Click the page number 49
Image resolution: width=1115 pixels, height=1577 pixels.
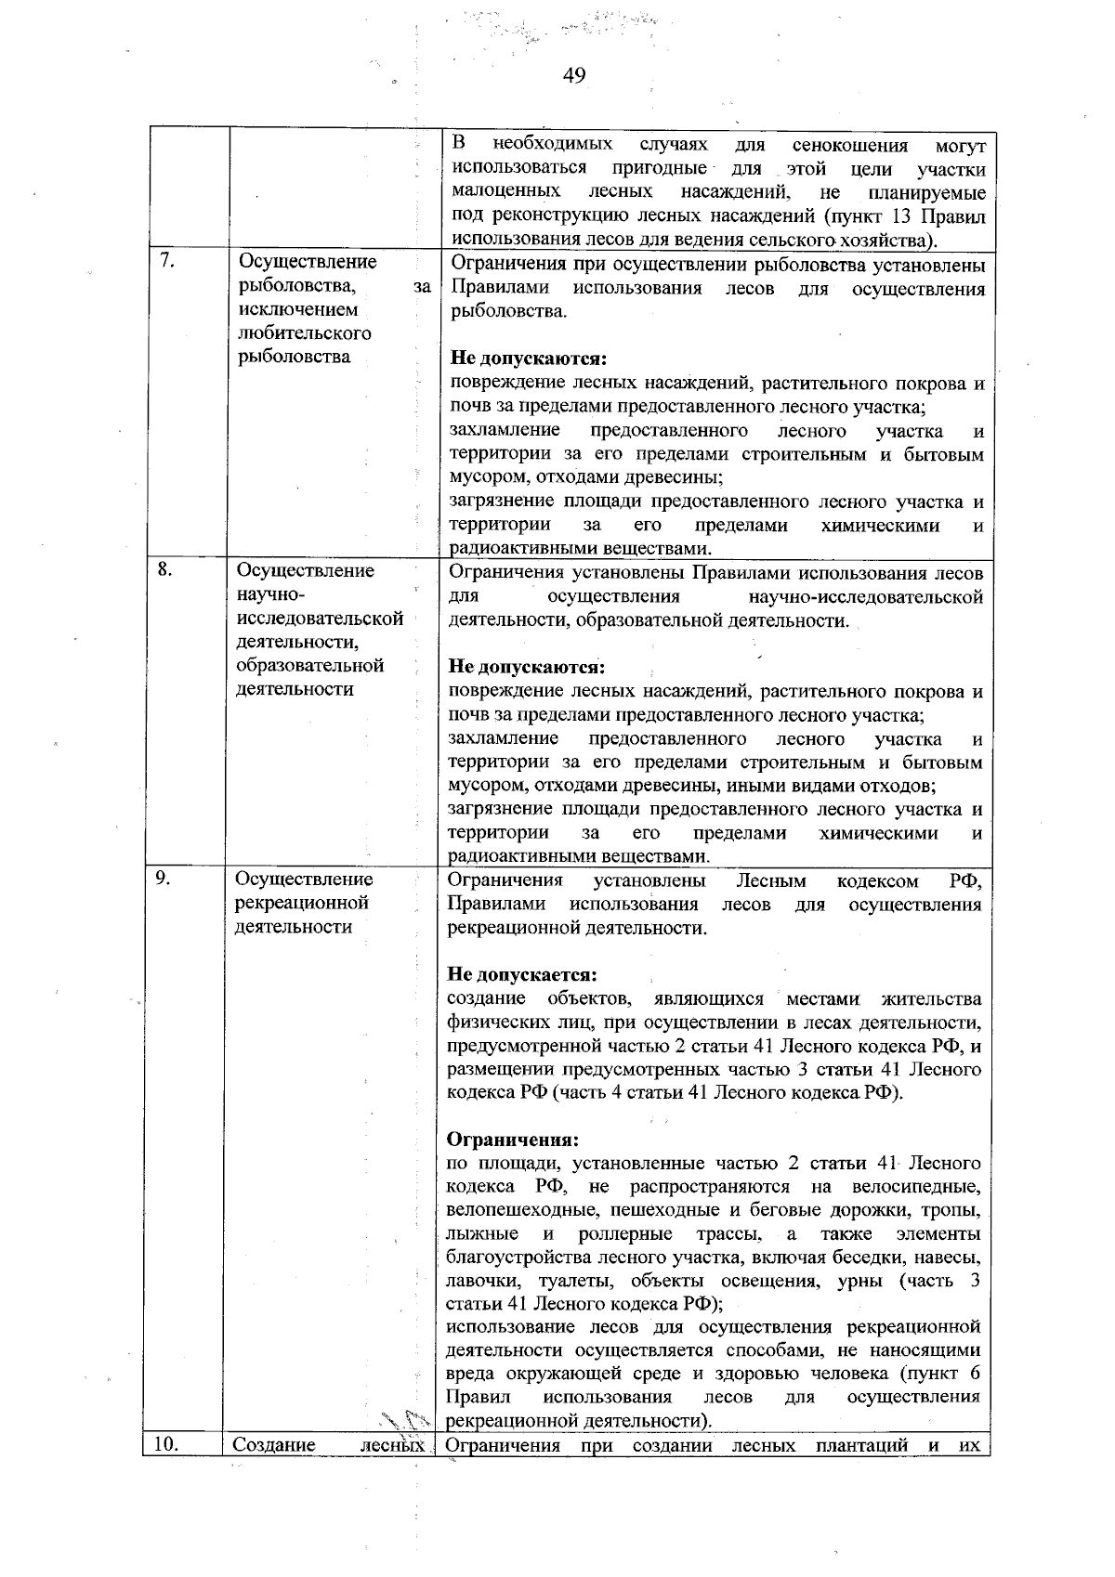(x=574, y=76)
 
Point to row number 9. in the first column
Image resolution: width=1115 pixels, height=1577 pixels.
(x=164, y=879)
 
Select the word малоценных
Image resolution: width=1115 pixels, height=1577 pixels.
(x=505, y=192)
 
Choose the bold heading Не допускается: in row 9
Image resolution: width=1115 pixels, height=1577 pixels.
(x=521, y=975)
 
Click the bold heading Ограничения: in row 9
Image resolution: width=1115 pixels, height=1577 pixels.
(x=513, y=1140)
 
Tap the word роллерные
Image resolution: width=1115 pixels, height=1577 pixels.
(x=625, y=1234)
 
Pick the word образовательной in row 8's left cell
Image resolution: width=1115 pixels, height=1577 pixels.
(x=310, y=666)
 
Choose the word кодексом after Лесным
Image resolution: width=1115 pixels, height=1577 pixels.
(x=877, y=880)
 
